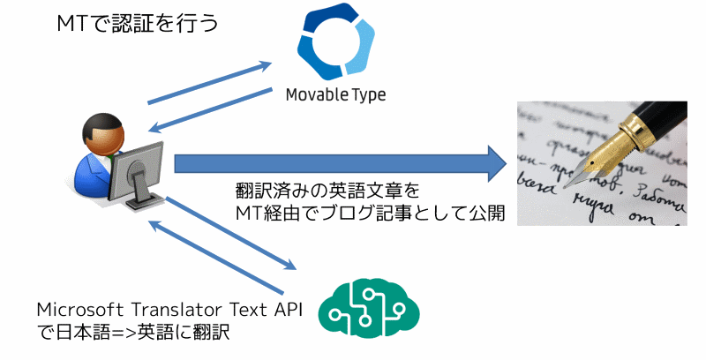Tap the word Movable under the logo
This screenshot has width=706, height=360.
click(317, 94)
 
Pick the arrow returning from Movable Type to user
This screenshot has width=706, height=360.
click(208, 109)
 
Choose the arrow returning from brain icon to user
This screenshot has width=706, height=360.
click(216, 256)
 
